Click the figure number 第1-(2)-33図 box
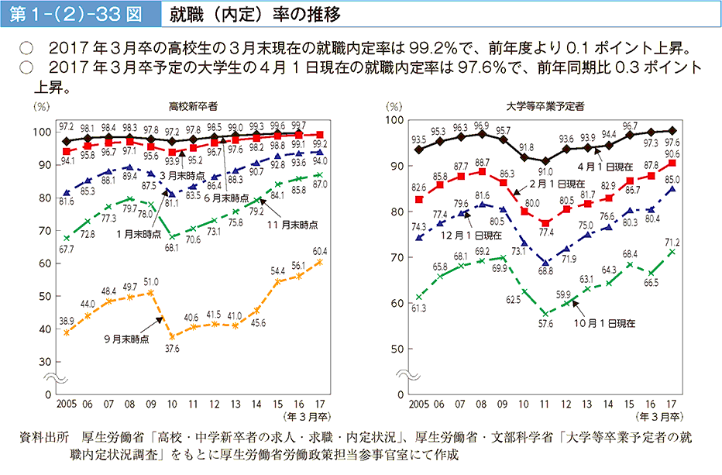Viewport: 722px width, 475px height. tap(77, 14)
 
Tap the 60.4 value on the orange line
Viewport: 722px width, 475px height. tap(319, 250)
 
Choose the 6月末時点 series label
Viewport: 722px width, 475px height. tap(222, 198)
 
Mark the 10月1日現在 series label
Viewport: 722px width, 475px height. tap(606, 322)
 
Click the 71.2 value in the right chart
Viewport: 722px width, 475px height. tap(671, 242)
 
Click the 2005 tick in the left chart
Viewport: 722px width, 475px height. tap(67, 404)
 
